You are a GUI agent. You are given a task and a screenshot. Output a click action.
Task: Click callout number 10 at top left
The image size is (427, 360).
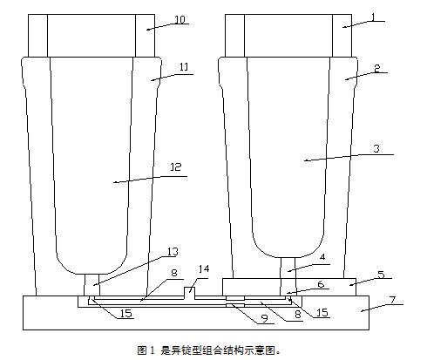[x=180, y=19]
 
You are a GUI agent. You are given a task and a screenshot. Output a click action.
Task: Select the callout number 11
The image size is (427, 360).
[x=184, y=67]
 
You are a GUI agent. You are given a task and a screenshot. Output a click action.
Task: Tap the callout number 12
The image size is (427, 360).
[x=176, y=167]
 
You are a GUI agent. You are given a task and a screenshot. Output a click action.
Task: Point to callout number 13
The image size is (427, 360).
[x=173, y=251]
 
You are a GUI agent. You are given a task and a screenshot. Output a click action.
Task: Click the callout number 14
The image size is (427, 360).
[x=204, y=268]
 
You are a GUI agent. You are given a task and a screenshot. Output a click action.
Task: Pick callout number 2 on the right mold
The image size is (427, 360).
[x=376, y=68]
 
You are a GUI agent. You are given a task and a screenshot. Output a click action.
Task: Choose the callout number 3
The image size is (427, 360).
[x=376, y=148]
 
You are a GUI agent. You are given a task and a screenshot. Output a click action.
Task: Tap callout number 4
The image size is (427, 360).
[x=322, y=257]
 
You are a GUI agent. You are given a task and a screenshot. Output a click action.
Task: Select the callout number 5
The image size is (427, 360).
[x=381, y=275]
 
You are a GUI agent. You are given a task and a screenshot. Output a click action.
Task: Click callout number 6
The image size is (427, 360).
[x=321, y=284]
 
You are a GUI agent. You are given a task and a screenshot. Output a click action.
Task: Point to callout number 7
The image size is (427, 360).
[x=393, y=300]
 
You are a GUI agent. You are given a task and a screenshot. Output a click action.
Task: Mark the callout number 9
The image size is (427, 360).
[x=264, y=318]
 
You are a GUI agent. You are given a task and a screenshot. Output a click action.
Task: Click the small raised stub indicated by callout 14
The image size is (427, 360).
[x=190, y=292]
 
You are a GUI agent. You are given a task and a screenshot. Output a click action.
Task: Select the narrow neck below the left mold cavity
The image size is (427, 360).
[x=91, y=285]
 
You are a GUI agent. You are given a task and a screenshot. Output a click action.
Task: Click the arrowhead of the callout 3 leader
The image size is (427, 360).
[x=306, y=160]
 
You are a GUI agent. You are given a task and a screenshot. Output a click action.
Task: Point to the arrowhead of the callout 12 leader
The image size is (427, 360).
[x=115, y=182]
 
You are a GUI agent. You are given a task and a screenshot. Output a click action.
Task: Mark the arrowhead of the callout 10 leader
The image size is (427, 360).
[x=148, y=29]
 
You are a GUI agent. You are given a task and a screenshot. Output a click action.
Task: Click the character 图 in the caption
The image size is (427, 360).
[x=142, y=350]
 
